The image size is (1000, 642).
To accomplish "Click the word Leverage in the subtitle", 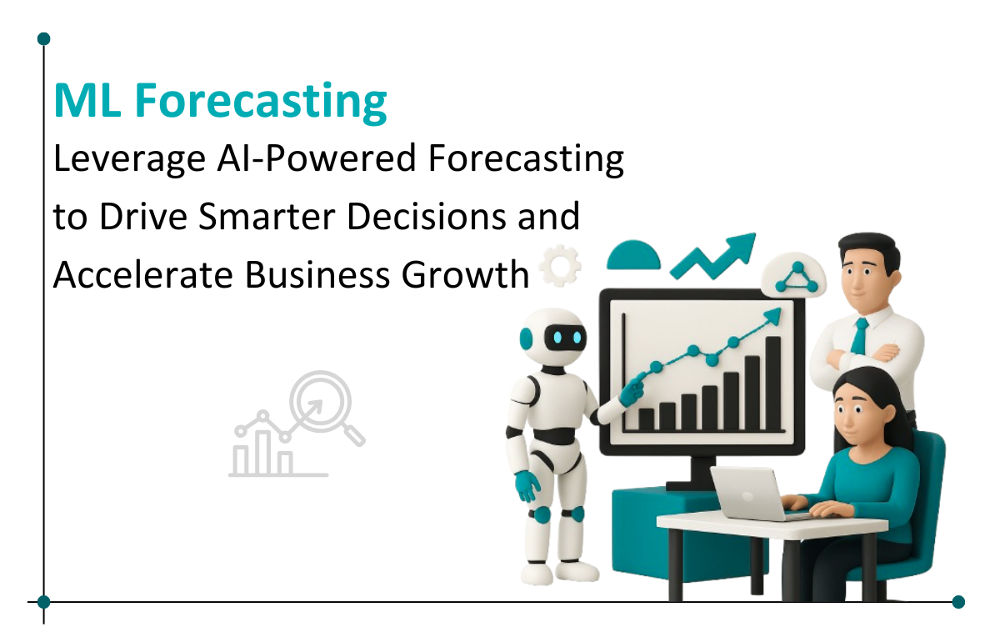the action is coord(129,159).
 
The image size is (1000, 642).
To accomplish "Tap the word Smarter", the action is coord(267,216).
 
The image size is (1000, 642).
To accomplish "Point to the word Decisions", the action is coord(427,216).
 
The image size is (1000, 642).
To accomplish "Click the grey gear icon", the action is coord(560,265).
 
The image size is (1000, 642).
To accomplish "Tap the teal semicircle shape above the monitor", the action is coord(633,255).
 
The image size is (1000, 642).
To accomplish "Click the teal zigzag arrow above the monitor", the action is coord(714,256).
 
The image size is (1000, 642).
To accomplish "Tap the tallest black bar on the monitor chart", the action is coord(772,384).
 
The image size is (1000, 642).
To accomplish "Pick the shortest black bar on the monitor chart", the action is coord(646,419).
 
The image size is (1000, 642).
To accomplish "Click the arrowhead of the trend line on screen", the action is coord(773,316).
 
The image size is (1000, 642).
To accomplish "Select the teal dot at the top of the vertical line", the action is coord(43,39).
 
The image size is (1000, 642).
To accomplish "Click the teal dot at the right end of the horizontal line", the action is coord(958,602).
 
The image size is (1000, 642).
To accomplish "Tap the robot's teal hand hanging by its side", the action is coord(527,485).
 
